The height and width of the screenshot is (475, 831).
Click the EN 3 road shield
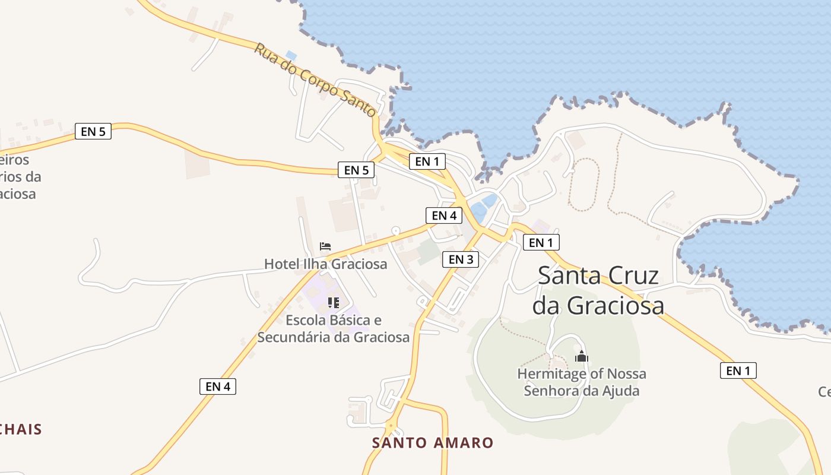coord(460,259)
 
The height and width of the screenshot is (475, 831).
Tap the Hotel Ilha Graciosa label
coord(325,264)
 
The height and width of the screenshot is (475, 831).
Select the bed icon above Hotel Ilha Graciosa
coord(325,246)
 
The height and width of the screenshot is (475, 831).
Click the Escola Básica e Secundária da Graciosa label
coord(333,329)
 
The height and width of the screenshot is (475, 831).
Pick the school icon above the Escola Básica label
coord(333,303)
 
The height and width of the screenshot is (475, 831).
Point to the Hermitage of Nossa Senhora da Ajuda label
coord(581,382)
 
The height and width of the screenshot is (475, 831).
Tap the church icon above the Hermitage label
coord(581,356)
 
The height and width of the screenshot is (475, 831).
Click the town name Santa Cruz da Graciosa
coord(598,290)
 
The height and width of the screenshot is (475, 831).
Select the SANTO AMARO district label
coord(433,443)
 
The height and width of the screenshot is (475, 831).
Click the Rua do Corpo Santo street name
coord(315,79)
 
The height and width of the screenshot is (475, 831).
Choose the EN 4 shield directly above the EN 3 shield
coord(443,216)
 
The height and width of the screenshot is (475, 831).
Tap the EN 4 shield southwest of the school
coord(217,387)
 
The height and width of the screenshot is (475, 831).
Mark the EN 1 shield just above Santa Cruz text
coord(541,242)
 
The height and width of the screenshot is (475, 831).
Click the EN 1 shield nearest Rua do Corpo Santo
coord(427,161)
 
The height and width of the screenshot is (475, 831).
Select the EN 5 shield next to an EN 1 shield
coord(356,170)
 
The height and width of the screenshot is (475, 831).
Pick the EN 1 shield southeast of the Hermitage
coord(738,370)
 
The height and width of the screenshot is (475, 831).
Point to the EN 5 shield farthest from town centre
coord(93,131)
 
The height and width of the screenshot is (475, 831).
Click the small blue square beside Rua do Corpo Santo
coord(291,55)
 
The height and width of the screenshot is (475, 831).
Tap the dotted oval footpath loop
coord(584,184)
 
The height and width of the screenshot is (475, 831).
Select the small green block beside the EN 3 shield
coord(429,252)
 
